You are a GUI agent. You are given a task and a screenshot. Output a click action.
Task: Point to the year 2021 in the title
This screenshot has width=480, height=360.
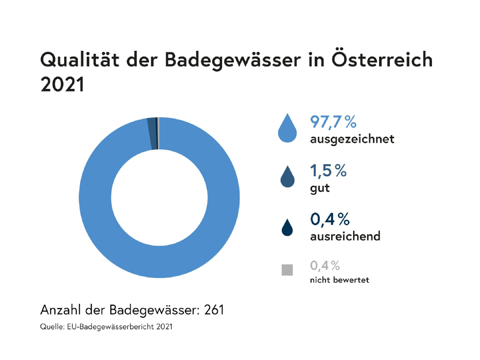pos(62,84)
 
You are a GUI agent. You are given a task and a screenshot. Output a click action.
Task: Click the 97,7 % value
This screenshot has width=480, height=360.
pos(333,122)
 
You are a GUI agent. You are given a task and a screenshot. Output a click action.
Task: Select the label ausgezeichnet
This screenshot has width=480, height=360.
pos(352,140)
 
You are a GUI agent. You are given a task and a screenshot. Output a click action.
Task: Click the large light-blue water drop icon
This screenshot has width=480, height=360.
pos(287,129)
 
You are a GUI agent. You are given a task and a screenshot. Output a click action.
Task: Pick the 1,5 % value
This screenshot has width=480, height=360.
pos(329,170)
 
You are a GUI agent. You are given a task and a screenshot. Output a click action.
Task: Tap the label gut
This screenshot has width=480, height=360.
pos(320,188)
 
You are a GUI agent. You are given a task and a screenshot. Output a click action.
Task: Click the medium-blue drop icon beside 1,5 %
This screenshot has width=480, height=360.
pos(287,178)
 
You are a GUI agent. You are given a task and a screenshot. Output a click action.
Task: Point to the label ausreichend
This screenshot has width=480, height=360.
pos(345,236)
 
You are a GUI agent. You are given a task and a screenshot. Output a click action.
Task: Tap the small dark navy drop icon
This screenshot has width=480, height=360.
pos(287,228)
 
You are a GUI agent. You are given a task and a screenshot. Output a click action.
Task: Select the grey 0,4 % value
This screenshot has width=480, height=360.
pos(325,265)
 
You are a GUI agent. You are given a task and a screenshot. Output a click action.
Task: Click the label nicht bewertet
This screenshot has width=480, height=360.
pos(339,280)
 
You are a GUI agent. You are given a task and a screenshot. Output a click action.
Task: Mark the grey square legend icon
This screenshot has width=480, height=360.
pos(287,270)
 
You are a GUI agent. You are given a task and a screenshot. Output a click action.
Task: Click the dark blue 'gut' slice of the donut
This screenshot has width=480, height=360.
pos(152,134)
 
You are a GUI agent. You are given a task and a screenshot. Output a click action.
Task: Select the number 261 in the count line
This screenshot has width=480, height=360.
pos(214,310)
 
